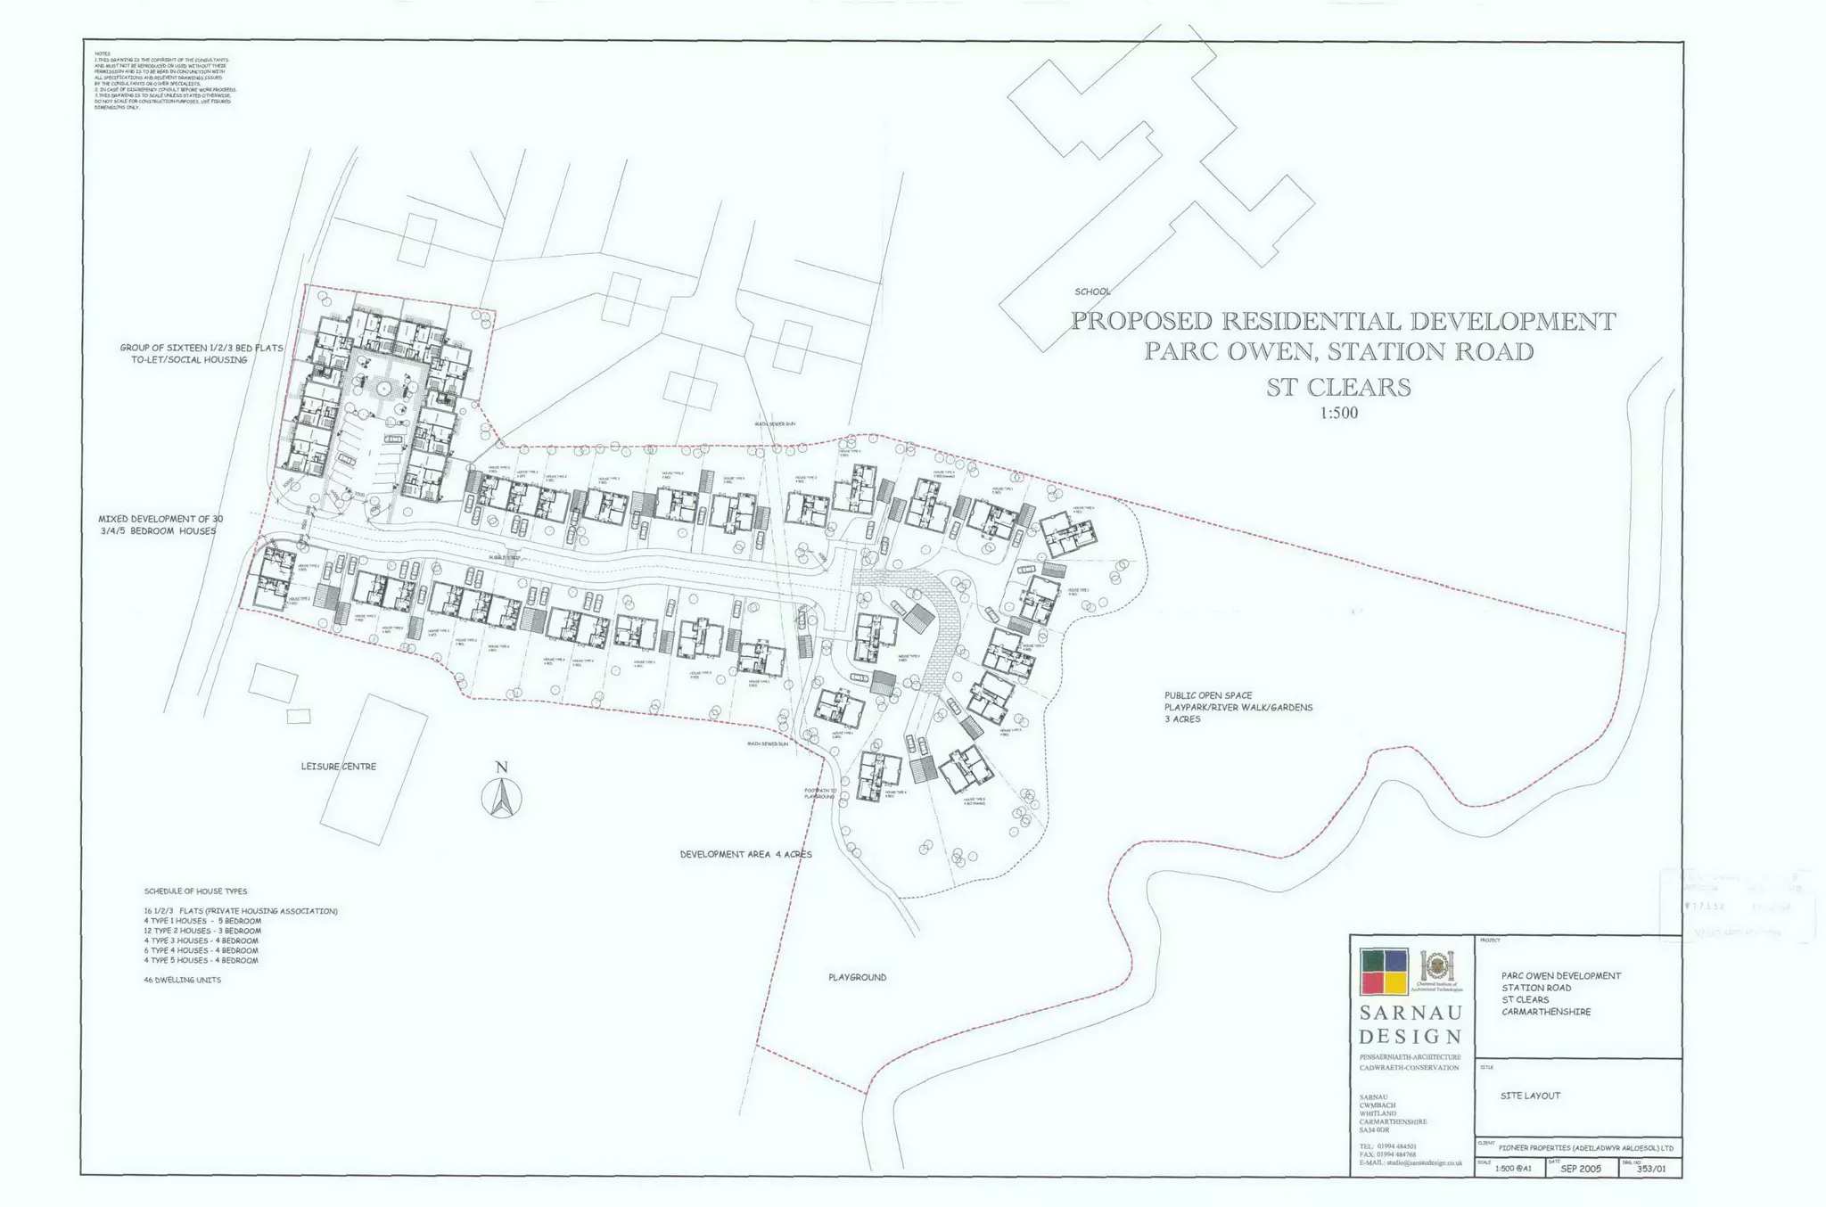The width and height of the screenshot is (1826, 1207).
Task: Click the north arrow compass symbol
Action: (x=502, y=797)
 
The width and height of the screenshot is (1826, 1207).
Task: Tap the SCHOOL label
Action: (x=1092, y=291)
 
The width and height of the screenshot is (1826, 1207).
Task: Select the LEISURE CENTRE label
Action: (x=338, y=767)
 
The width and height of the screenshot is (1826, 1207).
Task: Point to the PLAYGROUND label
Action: (x=857, y=978)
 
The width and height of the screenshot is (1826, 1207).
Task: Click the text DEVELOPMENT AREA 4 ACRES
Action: (x=745, y=854)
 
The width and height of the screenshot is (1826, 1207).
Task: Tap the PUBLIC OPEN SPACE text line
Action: (x=1207, y=695)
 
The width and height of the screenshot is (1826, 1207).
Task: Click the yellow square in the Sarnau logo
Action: (x=1396, y=982)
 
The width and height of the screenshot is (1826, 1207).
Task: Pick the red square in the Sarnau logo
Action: (x=1372, y=982)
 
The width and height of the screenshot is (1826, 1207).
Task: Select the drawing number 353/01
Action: (x=1650, y=1169)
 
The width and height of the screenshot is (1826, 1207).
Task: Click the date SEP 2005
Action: (x=1581, y=1169)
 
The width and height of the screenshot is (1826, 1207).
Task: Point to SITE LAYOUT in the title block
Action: (x=1530, y=1096)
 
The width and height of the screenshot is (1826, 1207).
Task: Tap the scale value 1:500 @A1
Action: (x=1513, y=1169)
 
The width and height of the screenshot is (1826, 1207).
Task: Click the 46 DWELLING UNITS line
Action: (x=182, y=980)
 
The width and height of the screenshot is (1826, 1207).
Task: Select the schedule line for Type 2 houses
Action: (x=202, y=931)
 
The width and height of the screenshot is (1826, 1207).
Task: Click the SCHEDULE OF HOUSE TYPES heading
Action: (x=195, y=891)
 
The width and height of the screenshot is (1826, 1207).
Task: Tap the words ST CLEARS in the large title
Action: (x=1338, y=388)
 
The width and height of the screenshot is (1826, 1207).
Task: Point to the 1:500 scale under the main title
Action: (x=1338, y=414)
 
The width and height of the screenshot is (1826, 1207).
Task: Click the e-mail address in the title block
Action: (x=1410, y=1162)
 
